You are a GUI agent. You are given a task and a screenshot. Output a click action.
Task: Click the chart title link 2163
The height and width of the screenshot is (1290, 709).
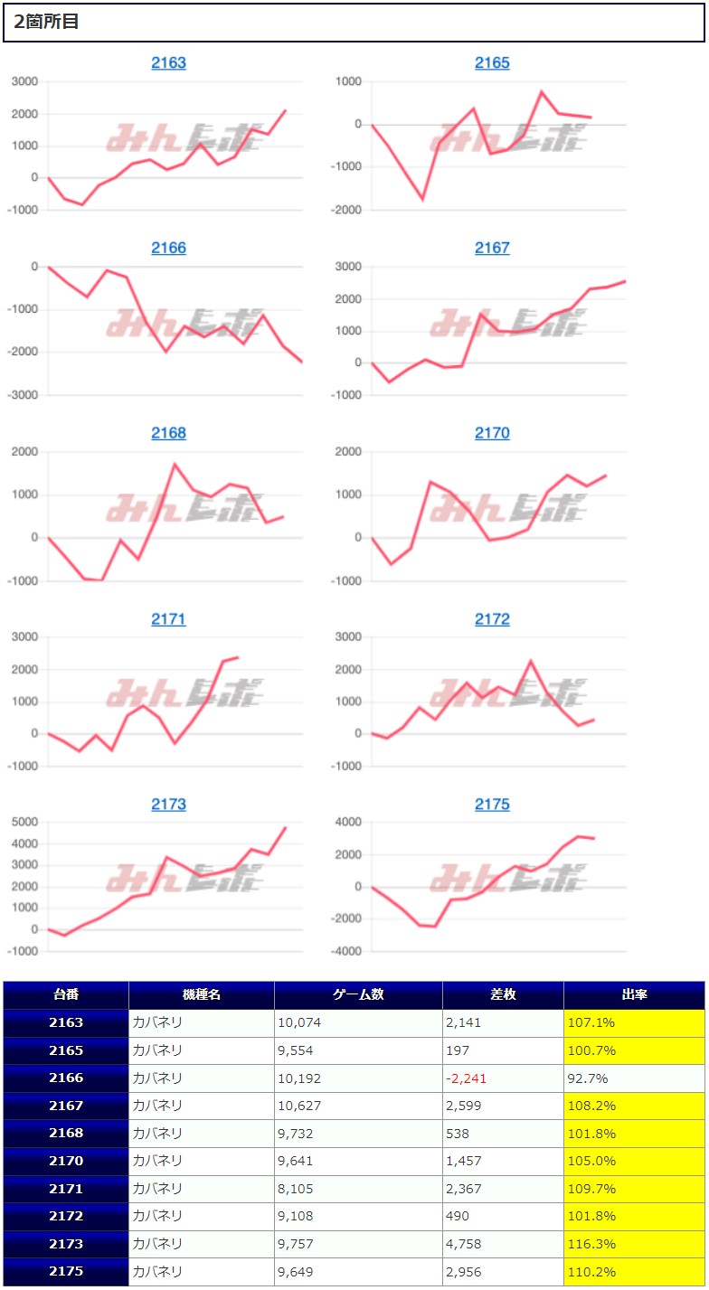(168, 63)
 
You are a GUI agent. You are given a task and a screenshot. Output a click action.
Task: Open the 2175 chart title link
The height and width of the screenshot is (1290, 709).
(492, 805)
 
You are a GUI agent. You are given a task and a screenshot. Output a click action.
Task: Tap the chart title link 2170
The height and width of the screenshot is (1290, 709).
(492, 434)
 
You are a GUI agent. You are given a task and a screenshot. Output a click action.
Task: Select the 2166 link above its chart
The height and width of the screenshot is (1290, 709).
(168, 249)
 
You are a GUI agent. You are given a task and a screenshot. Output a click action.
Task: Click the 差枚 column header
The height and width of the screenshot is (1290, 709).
(503, 994)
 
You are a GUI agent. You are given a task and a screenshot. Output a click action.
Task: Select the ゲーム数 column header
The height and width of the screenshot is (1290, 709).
(358, 994)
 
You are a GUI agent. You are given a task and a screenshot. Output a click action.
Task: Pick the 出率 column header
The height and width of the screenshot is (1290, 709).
(633, 994)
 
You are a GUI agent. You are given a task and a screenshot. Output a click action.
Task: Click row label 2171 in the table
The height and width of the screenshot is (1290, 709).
(66, 1189)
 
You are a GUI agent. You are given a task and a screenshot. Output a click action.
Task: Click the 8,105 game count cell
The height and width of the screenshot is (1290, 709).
(298, 1189)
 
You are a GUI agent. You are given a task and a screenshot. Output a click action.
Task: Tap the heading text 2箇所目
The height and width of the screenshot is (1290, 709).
(46, 22)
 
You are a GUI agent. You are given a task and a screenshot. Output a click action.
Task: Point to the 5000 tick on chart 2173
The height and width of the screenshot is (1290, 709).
(24, 823)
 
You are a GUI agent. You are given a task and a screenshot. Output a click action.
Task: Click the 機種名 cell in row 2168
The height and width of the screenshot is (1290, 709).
(158, 1134)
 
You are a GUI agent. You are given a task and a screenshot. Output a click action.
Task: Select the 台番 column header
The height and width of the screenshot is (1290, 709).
(66, 994)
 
